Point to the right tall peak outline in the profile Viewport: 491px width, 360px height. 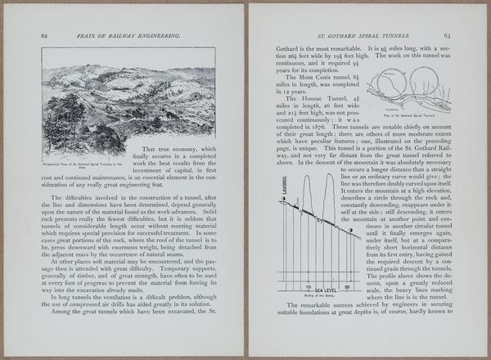328,196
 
